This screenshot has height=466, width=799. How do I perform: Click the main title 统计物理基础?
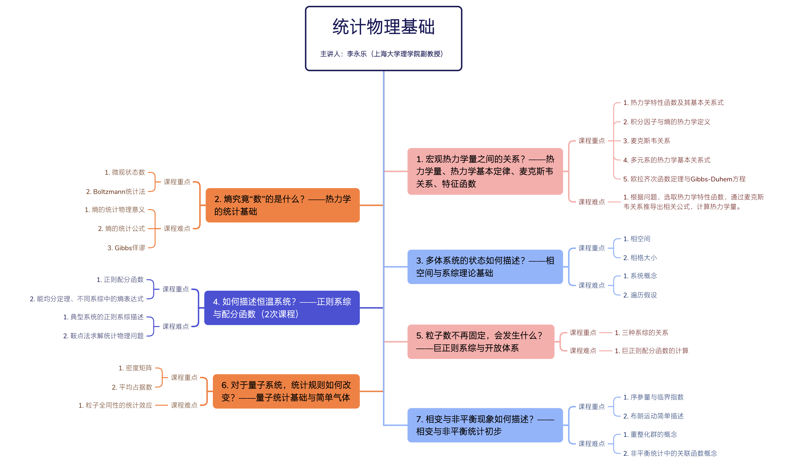tap(383, 27)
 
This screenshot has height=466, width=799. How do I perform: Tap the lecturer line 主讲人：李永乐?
tap(381, 54)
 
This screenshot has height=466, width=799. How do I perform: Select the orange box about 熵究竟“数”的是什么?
tap(282, 205)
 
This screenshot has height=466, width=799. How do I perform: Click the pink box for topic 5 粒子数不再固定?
tap(480, 341)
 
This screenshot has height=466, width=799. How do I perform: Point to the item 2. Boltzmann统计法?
tap(115, 192)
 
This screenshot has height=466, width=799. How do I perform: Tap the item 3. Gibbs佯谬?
tap(126, 248)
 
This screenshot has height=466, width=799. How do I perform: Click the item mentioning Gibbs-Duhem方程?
tap(684, 179)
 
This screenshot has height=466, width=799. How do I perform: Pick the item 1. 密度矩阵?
tap(135, 368)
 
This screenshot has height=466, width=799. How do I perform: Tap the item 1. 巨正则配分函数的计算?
tap(651, 351)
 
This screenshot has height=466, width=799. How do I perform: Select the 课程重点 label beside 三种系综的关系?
tap(583, 332)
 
